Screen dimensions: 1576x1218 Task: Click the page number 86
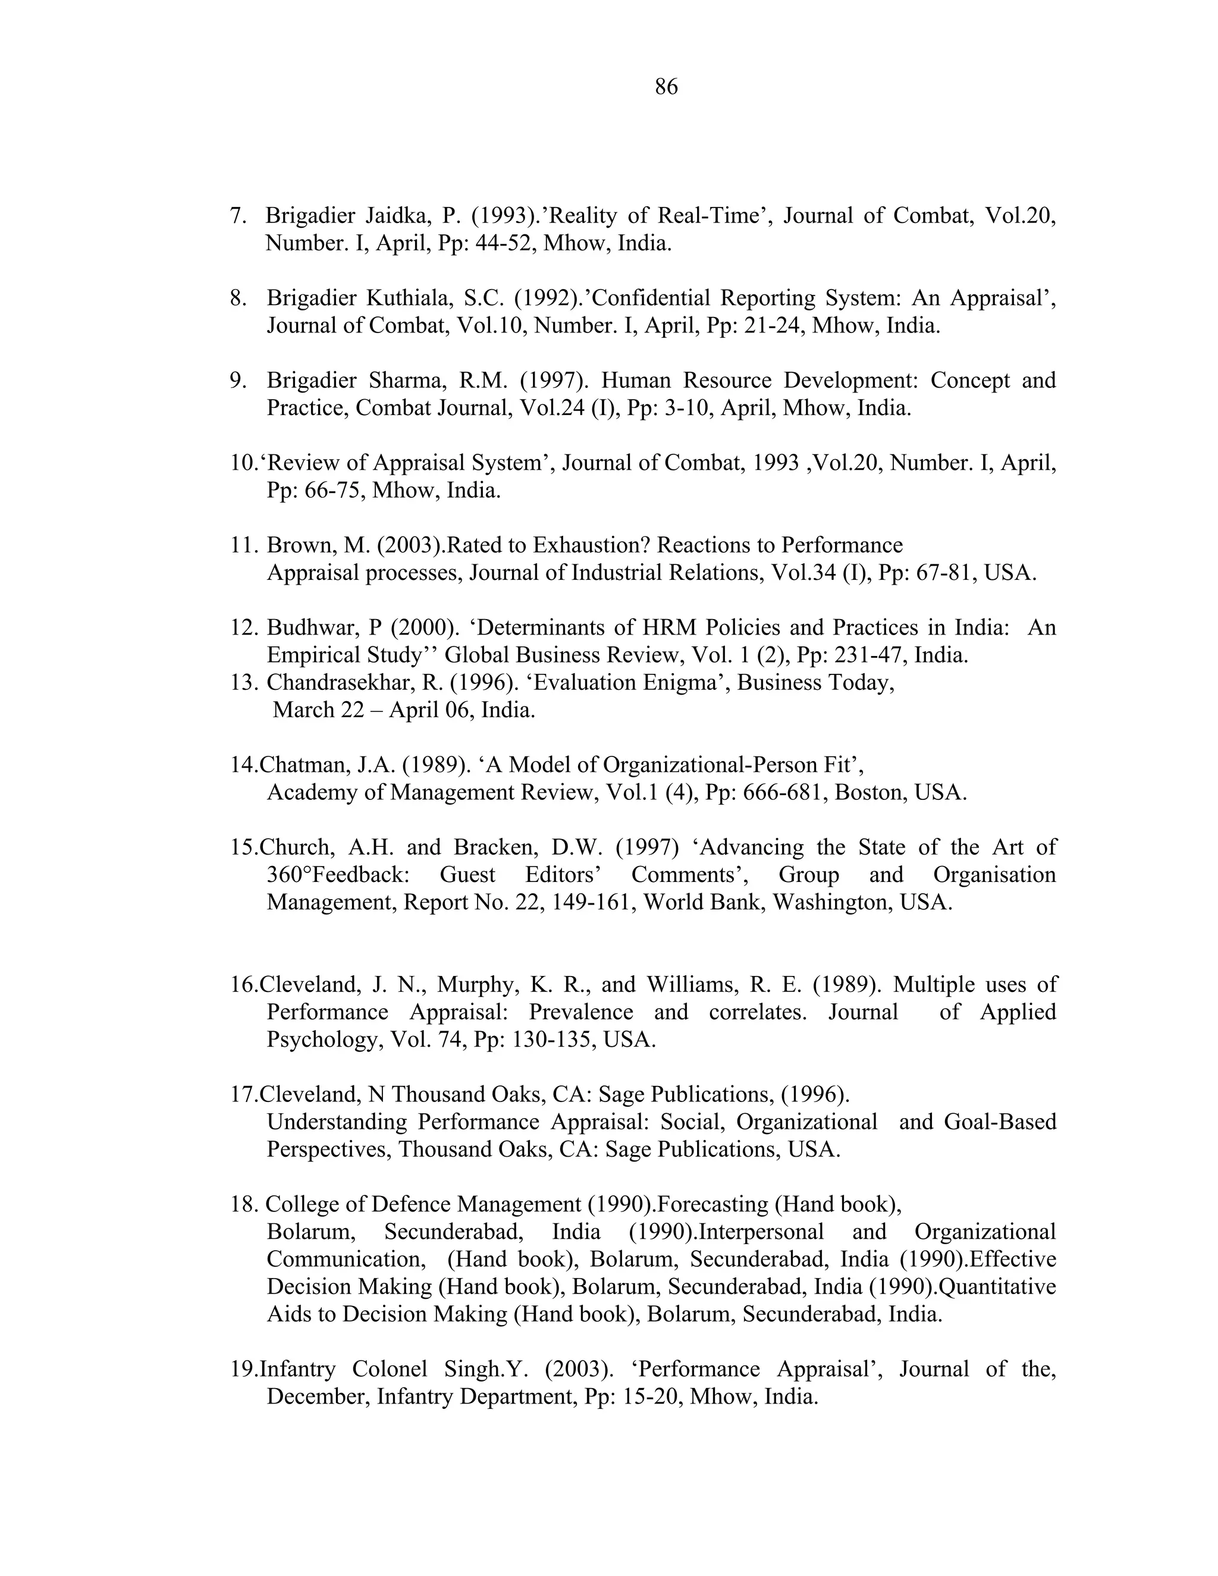coord(666,87)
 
